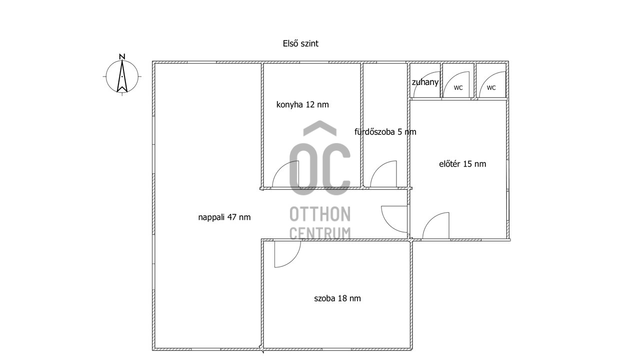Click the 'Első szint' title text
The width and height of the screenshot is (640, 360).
[x=300, y=43]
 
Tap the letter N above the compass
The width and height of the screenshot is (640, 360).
[x=122, y=56]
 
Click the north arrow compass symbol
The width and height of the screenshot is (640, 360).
[x=122, y=76]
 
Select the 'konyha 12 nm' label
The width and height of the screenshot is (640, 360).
[x=302, y=104]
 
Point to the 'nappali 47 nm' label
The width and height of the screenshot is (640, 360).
[x=224, y=217]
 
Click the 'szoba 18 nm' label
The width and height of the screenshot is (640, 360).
[x=337, y=298]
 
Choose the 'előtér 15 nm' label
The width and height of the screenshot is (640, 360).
[x=462, y=163]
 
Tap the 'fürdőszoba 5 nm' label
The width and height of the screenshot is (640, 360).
[x=385, y=131]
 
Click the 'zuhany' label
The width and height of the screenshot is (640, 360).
[x=425, y=82]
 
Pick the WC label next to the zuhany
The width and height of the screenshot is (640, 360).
[x=458, y=88]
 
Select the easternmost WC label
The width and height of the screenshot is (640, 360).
[x=491, y=88]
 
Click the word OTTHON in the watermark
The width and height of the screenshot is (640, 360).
[x=320, y=214]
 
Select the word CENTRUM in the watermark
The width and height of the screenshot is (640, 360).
[x=320, y=233]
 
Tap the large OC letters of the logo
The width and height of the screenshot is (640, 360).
[x=320, y=169]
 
